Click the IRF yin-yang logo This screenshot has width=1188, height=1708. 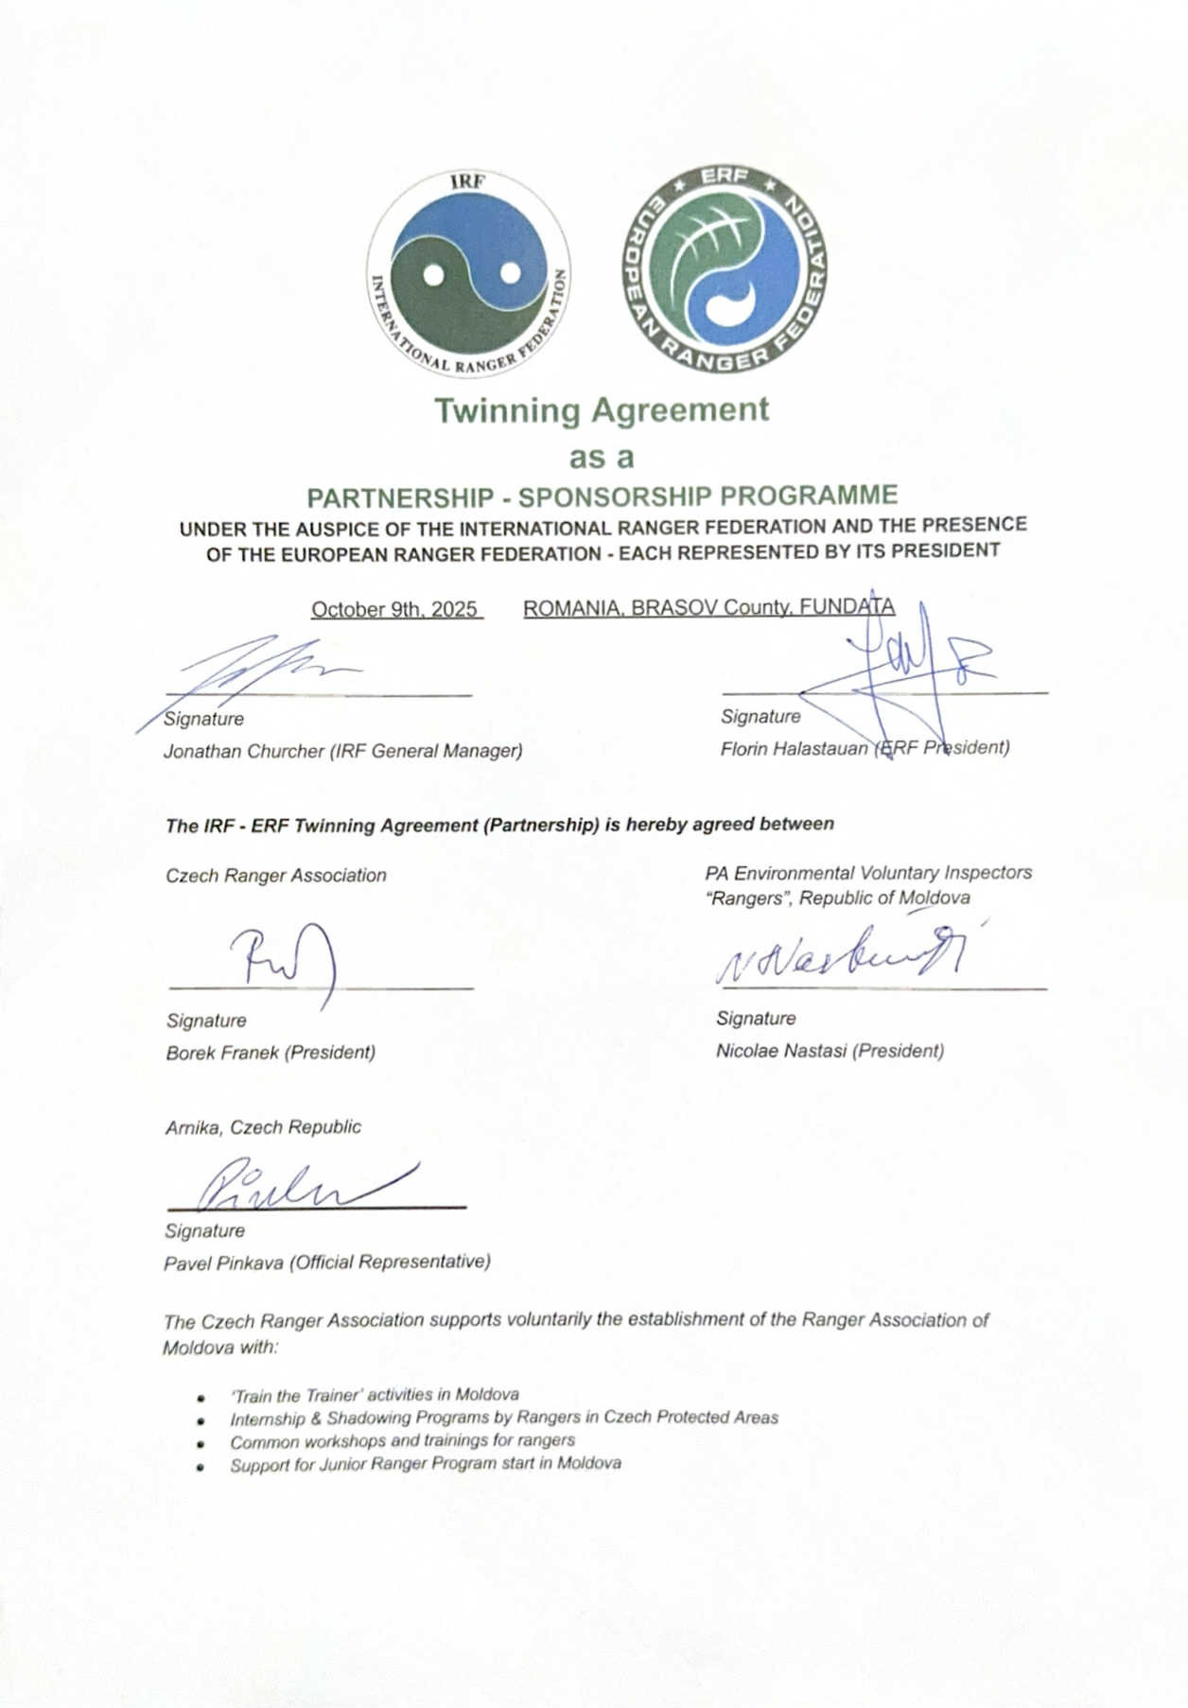468,274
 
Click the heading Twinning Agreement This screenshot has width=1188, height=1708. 602,410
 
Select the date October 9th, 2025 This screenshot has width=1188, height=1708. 394,609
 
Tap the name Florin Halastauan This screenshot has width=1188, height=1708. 793,748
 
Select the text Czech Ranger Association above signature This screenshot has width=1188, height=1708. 276,876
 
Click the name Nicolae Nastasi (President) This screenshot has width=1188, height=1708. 830,1051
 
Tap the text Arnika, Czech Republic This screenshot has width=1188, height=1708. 263,1127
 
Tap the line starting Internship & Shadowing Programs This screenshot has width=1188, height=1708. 504,1418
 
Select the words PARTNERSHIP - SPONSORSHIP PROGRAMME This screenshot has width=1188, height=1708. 603,496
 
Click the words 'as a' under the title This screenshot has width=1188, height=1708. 601,458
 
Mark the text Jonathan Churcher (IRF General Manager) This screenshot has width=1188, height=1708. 342,751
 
